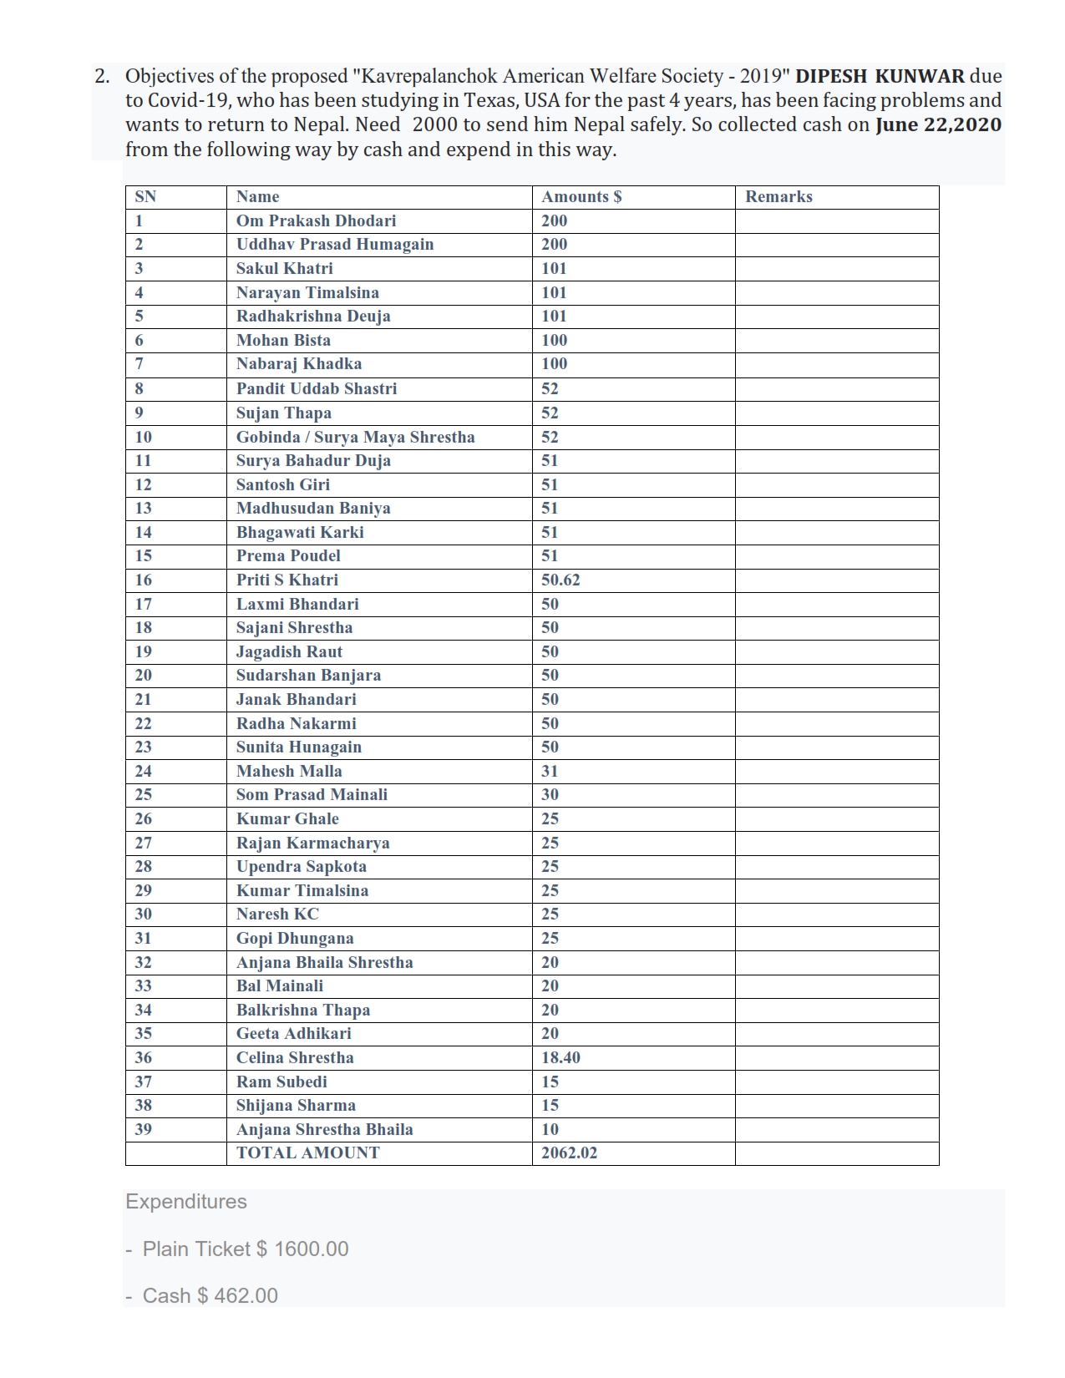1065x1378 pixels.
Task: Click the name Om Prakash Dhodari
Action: click(x=316, y=220)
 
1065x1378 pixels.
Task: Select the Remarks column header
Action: click(x=778, y=197)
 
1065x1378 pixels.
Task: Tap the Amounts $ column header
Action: click(x=581, y=197)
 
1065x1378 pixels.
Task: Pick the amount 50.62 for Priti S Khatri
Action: click(x=560, y=580)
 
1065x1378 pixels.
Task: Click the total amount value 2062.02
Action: click(x=569, y=1153)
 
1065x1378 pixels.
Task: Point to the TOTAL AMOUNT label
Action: click(x=307, y=1153)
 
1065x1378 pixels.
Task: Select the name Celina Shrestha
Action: click(x=295, y=1057)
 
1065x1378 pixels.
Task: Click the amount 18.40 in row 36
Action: click(x=560, y=1057)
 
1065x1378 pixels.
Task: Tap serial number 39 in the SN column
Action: click(x=144, y=1129)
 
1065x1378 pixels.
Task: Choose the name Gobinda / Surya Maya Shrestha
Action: click(x=355, y=437)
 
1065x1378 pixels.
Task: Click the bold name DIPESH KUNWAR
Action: click(x=880, y=76)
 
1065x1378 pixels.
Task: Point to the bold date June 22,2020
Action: click(x=938, y=125)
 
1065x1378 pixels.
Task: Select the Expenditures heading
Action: click(x=186, y=1201)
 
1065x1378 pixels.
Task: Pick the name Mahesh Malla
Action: click(x=289, y=771)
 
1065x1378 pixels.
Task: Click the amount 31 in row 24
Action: click(x=550, y=771)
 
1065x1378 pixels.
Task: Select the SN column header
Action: click(x=145, y=197)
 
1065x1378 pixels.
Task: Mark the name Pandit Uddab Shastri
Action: click(x=317, y=388)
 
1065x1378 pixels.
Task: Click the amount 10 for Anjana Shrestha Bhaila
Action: click(x=550, y=1129)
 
